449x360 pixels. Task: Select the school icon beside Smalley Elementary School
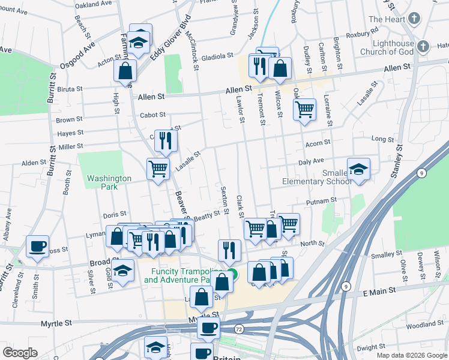[x=358, y=169]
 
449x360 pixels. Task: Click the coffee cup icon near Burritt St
[x=38, y=246]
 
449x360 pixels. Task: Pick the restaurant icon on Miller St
[x=166, y=141]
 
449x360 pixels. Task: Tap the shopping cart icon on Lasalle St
[x=158, y=169]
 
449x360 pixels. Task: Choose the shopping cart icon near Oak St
[x=305, y=109]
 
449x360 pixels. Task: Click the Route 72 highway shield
[x=239, y=330]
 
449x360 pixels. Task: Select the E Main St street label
[x=379, y=291]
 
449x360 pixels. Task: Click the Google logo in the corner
[x=20, y=353]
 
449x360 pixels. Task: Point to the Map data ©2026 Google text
[x=411, y=355]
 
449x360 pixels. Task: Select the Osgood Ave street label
[x=77, y=58]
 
